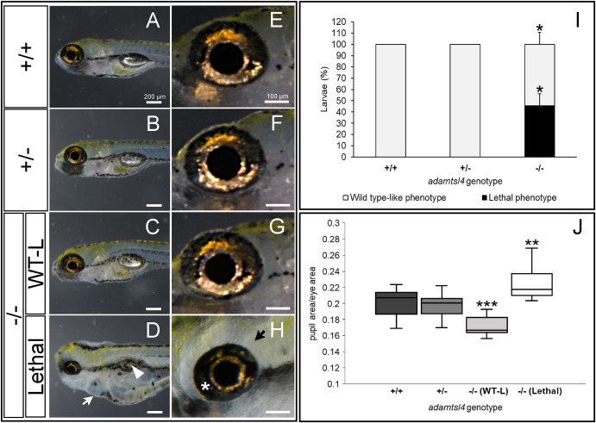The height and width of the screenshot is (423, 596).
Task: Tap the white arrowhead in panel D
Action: click(138, 370)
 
